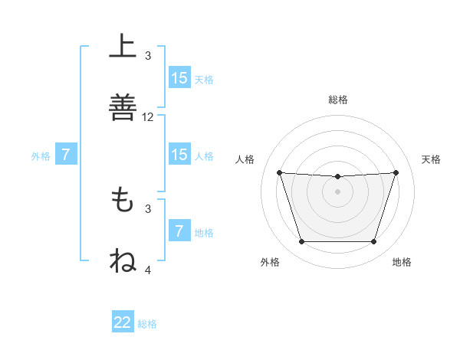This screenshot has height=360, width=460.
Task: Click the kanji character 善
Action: pyautogui.click(x=123, y=106)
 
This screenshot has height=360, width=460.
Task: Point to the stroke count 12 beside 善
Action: pyautogui.click(x=148, y=117)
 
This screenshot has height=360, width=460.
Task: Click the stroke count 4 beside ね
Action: pyautogui.click(x=148, y=270)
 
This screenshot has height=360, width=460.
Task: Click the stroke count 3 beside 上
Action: pyautogui.click(x=148, y=55)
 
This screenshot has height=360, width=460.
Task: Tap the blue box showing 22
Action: pyautogui.click(x=123, y=322)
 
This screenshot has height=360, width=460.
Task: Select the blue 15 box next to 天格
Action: pyautogui.click(x=179, y=78)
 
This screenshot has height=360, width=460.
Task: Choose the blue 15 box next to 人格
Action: pyautogui.click(x=179, y=155)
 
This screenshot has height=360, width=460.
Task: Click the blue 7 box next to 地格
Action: pyautogui.click(x=179, y=231)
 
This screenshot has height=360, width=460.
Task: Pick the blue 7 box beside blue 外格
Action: pyautogui.click(x=66, y=155)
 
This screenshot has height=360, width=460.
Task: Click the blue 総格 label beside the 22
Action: pyautogui.click(x=147, y=324)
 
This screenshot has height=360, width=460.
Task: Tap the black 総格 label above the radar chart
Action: pyautogui.click(x=337, y=100)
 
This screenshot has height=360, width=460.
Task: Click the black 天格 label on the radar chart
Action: pyautogui.click(x=432, y=159)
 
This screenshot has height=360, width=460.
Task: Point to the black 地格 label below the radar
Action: pyautogui.click(x=402, y=262)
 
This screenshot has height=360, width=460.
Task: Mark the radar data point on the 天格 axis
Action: pyautogui.click(x=396, y=172)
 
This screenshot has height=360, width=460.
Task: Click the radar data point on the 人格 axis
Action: pyautogui.click(x=279, y=172)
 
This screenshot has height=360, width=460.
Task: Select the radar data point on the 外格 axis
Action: pyautogui.click(x=301, y=242)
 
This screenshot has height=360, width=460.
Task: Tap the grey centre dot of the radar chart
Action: pyautogui.click(x=337, y=191)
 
